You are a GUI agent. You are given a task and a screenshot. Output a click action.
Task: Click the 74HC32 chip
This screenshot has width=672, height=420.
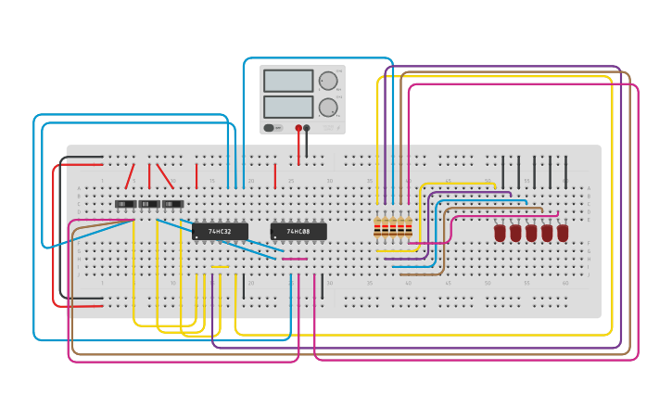point(220,231)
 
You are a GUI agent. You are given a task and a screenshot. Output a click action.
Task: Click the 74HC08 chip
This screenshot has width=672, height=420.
point(298,231)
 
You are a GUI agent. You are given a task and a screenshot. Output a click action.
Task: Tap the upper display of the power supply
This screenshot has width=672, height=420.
point(288,81)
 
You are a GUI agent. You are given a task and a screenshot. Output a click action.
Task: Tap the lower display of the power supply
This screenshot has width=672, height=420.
point(288,107)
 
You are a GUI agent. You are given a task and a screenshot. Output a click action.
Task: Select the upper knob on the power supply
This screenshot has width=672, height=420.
point(328,81)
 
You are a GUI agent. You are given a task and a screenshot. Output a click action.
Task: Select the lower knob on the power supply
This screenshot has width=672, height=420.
point(328,108)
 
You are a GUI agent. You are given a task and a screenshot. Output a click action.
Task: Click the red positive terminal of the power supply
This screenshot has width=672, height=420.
point(298,128)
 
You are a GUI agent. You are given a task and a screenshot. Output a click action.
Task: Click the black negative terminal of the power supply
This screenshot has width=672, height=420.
point(307,128)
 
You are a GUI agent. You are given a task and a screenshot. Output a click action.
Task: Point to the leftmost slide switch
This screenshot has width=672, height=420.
point(125,204)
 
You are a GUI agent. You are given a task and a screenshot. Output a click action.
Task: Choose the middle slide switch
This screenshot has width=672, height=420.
point(149,204)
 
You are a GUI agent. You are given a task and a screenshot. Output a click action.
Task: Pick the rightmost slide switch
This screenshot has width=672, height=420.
point(172,204)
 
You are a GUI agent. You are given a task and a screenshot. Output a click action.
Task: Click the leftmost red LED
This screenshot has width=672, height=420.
point(501,233)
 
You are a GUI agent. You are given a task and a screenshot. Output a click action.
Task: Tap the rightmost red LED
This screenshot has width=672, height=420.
point(563,233)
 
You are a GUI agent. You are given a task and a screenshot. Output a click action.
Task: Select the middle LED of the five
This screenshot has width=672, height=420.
point(531,233)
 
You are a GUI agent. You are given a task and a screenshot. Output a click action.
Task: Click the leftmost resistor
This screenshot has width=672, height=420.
point(377,228)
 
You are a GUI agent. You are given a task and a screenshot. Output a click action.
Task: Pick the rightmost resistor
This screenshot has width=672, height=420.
point(409,228)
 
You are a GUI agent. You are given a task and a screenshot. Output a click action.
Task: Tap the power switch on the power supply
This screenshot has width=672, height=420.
point(269,128)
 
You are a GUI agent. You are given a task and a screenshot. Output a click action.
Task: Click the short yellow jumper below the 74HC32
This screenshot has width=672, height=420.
point(220,267)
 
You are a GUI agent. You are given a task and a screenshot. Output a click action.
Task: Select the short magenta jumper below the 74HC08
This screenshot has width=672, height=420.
point(295,259)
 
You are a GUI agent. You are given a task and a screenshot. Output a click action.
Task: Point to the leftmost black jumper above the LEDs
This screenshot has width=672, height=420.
point(503,172)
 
